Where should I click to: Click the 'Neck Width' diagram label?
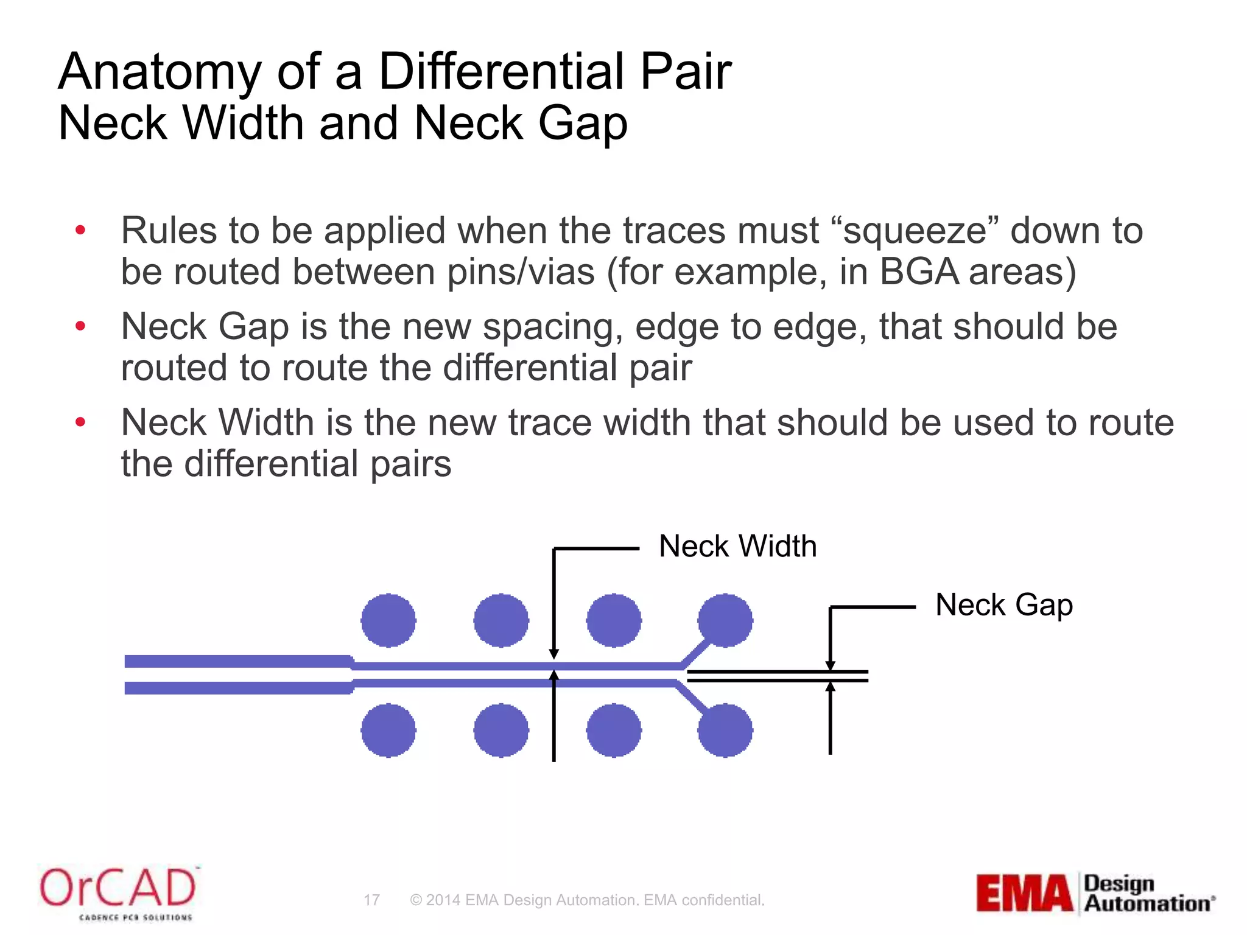(737, 546)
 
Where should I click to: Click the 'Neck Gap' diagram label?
(1003, 605)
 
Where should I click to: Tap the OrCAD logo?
(118, 892)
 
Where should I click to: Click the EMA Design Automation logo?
(1095, 893)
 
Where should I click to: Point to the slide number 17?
(371, 900)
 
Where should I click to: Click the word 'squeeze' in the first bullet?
(921, 232)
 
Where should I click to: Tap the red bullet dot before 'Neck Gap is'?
(80, 327)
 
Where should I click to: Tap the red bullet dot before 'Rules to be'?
(80, 231)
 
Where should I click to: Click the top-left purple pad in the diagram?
(388, 620)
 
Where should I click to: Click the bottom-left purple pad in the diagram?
(388, 730)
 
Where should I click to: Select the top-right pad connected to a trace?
(725, 620)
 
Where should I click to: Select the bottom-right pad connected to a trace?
(725, 730)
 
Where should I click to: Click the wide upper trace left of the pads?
(237, 661)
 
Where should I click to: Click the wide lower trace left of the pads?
(237, 688)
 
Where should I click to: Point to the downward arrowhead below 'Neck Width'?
(553, 654)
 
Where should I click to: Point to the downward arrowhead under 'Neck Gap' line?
(830, 665)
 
